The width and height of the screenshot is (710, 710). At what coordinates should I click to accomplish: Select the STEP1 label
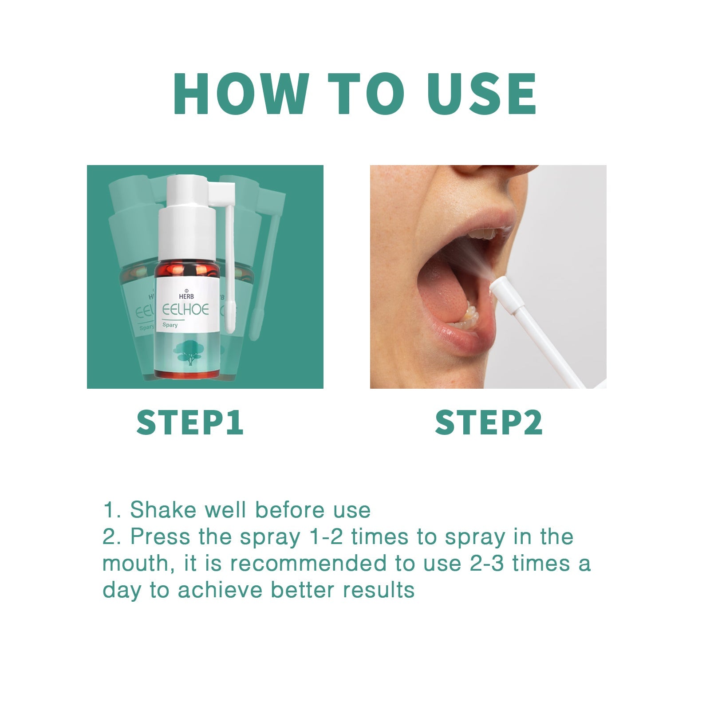click(190, 422)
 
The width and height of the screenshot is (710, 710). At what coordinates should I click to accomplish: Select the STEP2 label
click(489, 422)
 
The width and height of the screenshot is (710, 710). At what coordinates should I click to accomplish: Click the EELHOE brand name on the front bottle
click(185, 309)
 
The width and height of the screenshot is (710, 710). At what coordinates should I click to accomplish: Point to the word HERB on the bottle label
click(186, 296)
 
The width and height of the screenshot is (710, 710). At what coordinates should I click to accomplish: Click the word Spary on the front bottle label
click(170, 325)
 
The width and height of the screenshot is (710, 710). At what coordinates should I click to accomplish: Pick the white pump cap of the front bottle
click(186, 217)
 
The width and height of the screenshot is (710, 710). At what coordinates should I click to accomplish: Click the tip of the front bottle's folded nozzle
click(229, 326)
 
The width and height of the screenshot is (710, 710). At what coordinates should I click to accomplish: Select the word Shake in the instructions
click(162, 510)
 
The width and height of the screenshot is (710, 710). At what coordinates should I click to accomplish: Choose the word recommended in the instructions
click(308, 564)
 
